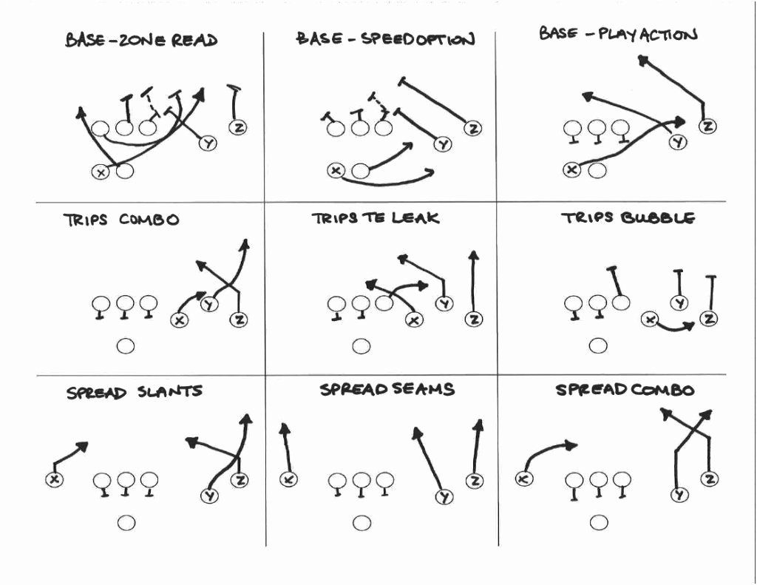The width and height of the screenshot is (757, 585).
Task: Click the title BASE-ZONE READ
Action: pos(141,40)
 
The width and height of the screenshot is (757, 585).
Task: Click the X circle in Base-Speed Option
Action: pos(336,171)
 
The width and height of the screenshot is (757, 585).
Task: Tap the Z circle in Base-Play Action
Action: pos(707,126)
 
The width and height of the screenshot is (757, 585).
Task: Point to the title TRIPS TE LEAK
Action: pos(375,218)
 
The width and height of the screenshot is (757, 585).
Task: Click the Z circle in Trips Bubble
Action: pos(709,319)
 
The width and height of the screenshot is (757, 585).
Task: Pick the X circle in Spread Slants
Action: pos(54,479)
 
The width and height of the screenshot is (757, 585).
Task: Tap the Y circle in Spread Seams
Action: pos(444,497)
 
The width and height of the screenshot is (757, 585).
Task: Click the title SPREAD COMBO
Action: pos(625,390)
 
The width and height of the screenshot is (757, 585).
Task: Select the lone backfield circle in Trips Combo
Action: pos(126,345)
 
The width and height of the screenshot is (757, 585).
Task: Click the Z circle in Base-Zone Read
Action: pos(238,127)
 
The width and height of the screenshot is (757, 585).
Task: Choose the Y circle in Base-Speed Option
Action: pos(442,144)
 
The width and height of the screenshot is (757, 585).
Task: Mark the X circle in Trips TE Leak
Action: pos(414,319)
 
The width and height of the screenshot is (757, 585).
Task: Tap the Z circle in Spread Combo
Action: pos(708,479)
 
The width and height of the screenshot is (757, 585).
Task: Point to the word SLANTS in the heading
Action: pos(169,391)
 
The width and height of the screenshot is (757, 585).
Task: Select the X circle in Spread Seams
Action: pos(289,479)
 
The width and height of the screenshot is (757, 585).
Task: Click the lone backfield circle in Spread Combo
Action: pos(599,523)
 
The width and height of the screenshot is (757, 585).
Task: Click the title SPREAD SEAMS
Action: pos(387,389)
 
